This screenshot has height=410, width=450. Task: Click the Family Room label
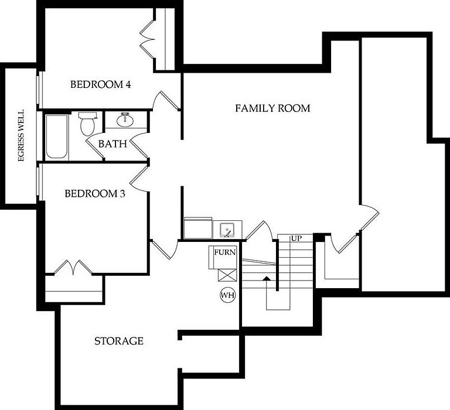272,108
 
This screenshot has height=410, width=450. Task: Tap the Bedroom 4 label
100,84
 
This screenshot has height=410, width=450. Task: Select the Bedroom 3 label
95,193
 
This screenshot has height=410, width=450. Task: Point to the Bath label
112,143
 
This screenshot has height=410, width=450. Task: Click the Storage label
119,341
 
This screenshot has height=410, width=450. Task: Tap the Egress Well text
21,136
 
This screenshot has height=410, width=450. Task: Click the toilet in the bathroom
87,124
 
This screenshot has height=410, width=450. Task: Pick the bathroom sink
125,120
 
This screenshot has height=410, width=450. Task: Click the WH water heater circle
227,295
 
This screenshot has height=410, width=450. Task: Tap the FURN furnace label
225,252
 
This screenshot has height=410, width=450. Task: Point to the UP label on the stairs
296,239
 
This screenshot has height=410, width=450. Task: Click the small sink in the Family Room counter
227,228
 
